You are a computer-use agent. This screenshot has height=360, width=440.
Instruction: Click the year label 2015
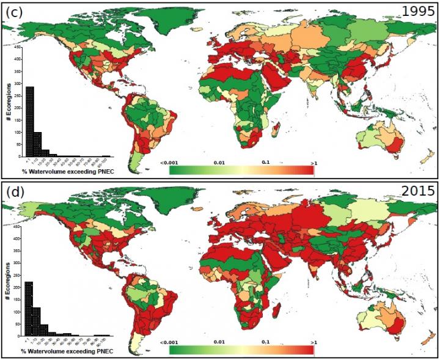(x=418, y=191)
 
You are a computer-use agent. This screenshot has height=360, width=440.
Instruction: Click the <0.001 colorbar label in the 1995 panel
(x=169, y=163)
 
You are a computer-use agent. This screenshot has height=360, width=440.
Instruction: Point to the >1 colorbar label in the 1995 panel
(x=313, y=163)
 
